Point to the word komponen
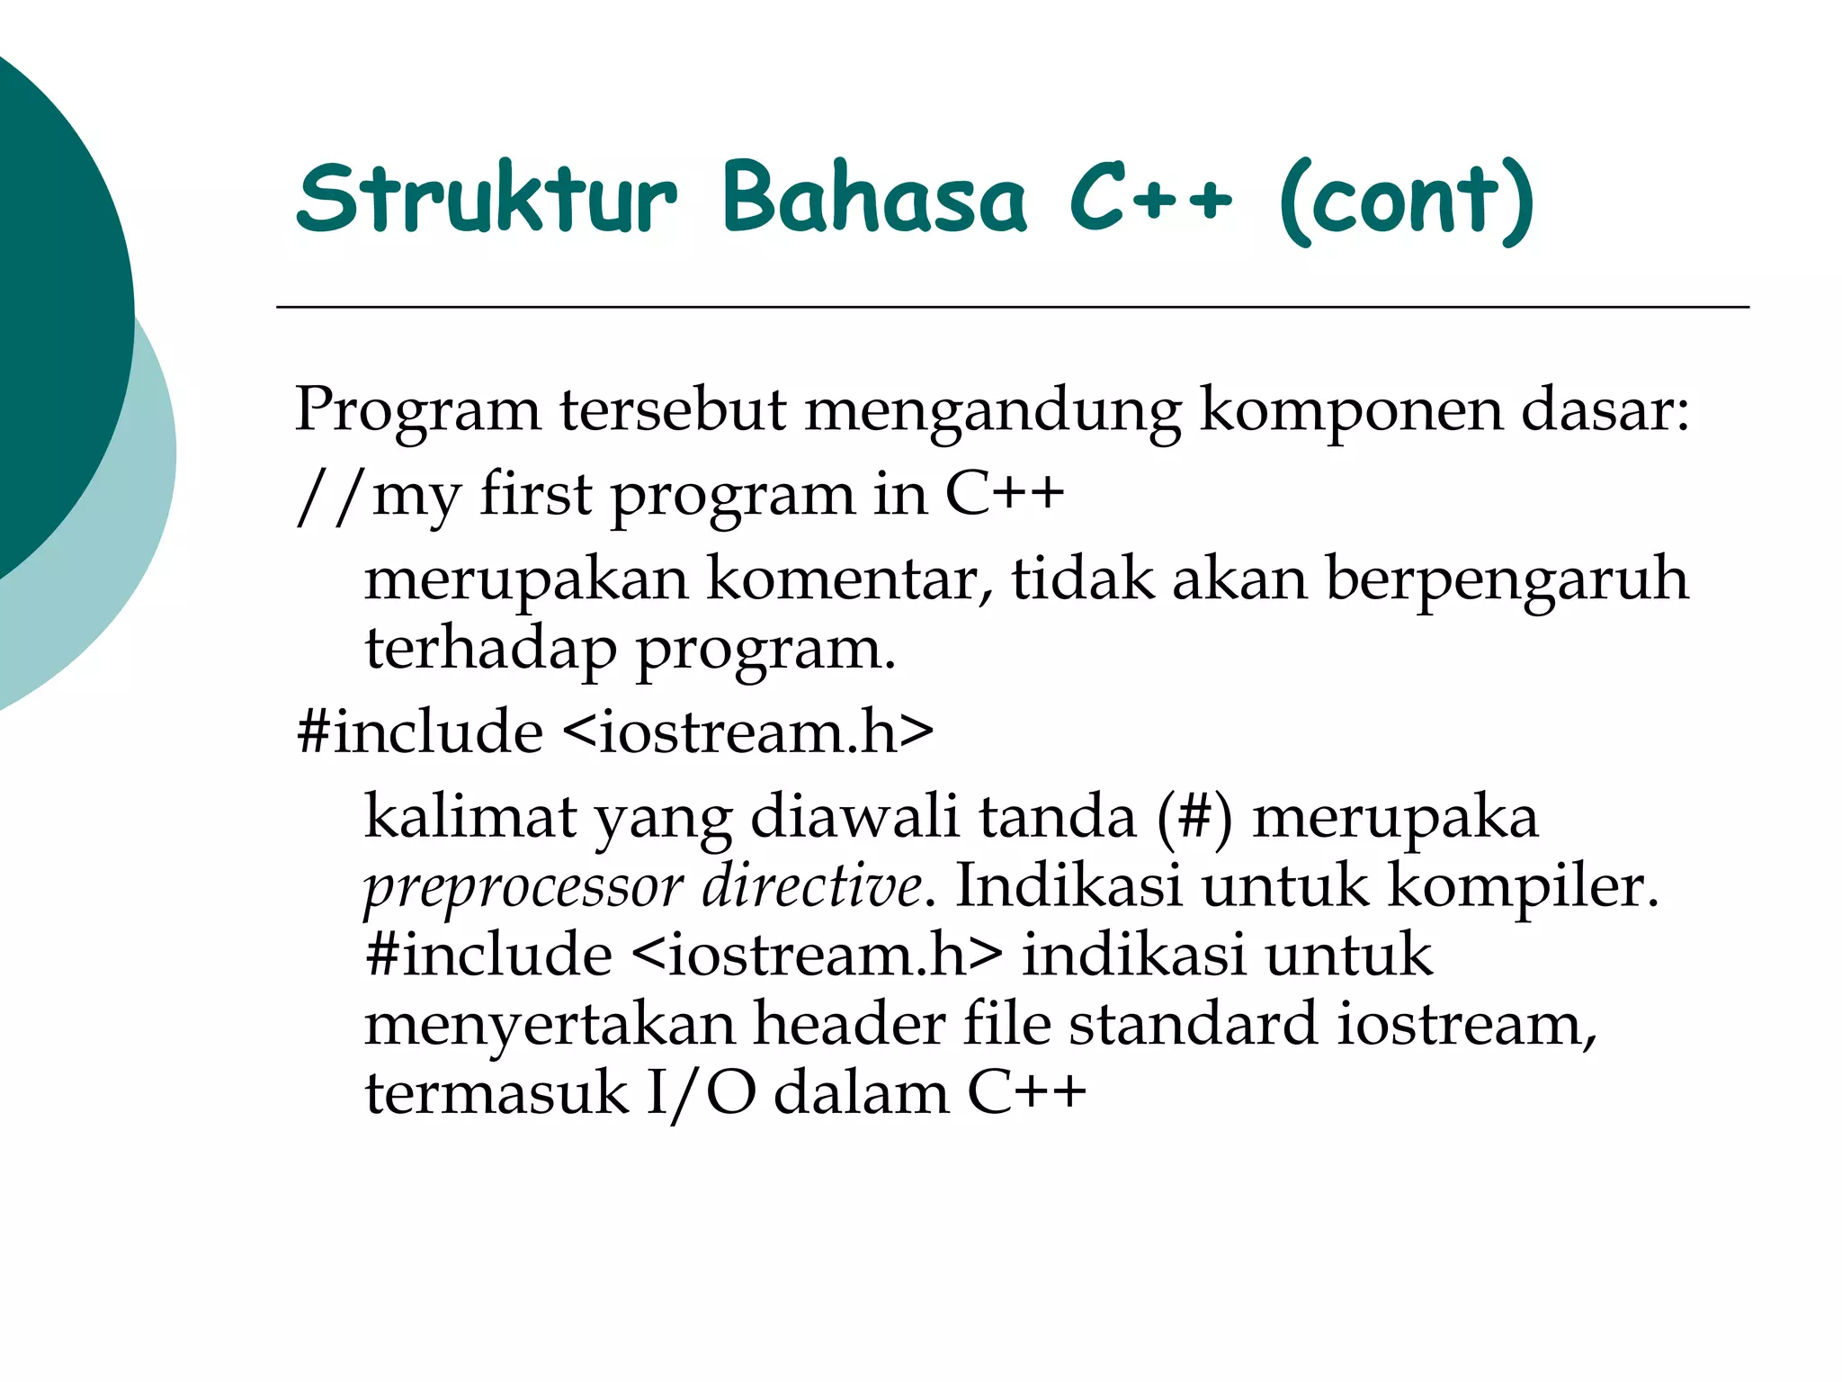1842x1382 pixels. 1351,410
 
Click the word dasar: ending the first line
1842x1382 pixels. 1605,410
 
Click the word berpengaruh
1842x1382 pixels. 1507,580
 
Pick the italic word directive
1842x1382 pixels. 811,885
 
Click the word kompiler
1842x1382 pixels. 1523,886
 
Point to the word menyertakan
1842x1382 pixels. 550,1025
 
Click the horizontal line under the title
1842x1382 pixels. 1012,308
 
